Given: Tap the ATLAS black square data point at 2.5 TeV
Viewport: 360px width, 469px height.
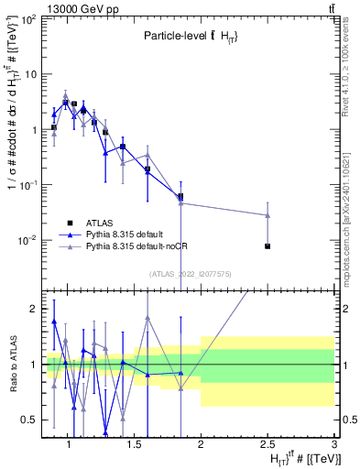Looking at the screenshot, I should [x=267, y=246].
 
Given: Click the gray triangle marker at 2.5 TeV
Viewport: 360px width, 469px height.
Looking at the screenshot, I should [x=267, y=215].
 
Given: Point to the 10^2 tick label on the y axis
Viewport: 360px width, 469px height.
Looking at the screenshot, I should [x=27, y=19].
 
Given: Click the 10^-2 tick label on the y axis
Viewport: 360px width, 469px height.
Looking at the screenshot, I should [x=27, y=241].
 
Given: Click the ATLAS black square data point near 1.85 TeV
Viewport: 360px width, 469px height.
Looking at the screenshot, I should [x=180, y=196].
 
